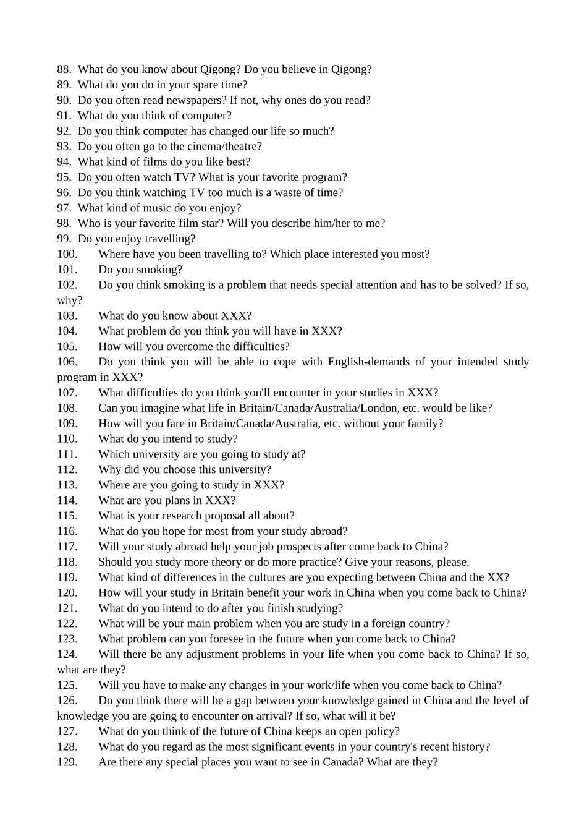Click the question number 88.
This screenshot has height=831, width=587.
pyautogui.click(x=64, y=69)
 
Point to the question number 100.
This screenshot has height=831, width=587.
pyautogui.click(x=67, y=254)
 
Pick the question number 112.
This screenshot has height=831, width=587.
pyautogui.click(x=67, y=470)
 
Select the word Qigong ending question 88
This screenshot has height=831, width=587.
pyautogui.click(x=350, y=69)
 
